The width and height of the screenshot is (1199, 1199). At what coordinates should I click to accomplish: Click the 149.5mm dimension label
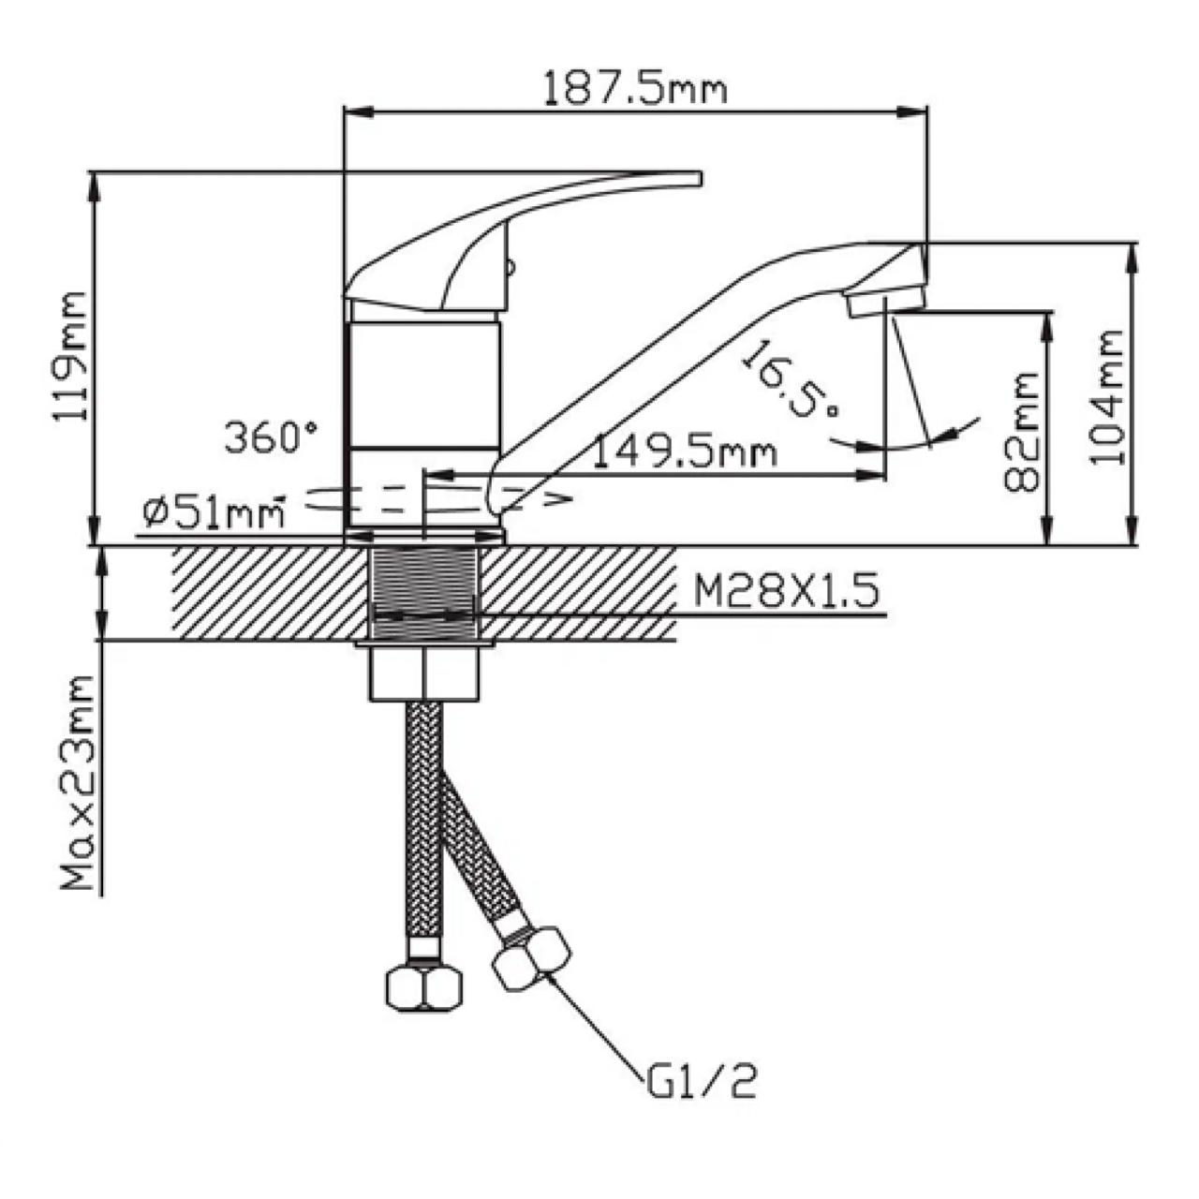[x=686, y=452]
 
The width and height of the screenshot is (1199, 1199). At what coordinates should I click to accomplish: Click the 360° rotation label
[x=271, y=437]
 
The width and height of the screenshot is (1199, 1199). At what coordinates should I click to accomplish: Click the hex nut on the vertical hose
[x=424, y=985]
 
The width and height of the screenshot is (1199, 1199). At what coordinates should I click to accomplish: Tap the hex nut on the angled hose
[x=531, y=957]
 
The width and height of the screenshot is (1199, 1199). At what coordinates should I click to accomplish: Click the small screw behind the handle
[x=510, y=268]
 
